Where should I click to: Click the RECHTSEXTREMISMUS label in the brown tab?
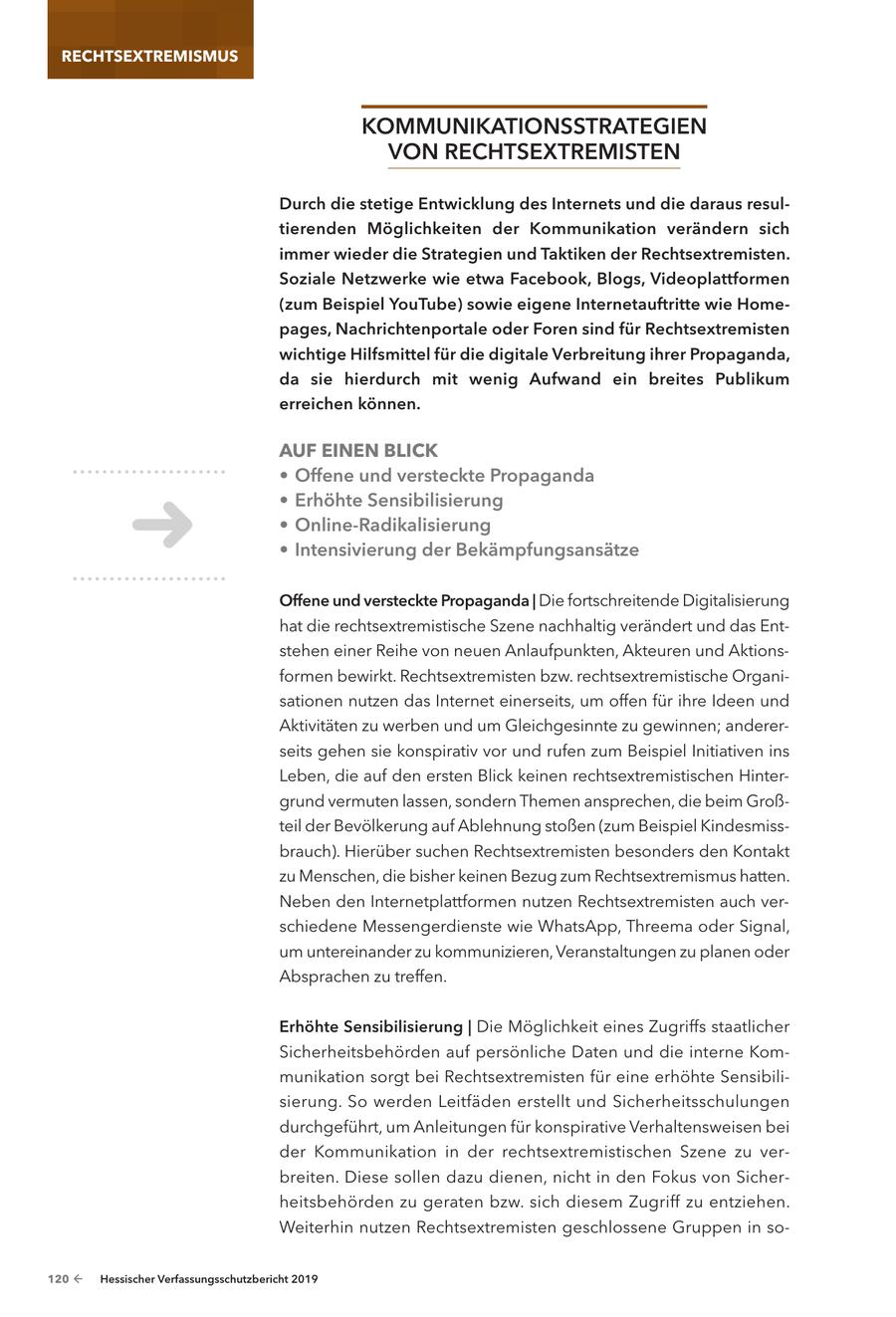click(x=149, y=56)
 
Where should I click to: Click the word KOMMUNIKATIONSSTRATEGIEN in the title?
click(x=534, y=127)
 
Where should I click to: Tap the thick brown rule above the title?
click(x=534, y=107)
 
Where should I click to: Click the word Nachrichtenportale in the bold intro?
click(x=405, y=329)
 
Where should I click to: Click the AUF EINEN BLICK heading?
click(x=358, y=450)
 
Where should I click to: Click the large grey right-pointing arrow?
click(x=162, y=525)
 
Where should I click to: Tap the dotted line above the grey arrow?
click(x=149, y=472)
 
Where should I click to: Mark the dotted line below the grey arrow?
click(x=149, y=578)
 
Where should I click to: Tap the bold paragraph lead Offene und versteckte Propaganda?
click(x=405, y=600)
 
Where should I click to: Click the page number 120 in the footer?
click(x=58, y=1280)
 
